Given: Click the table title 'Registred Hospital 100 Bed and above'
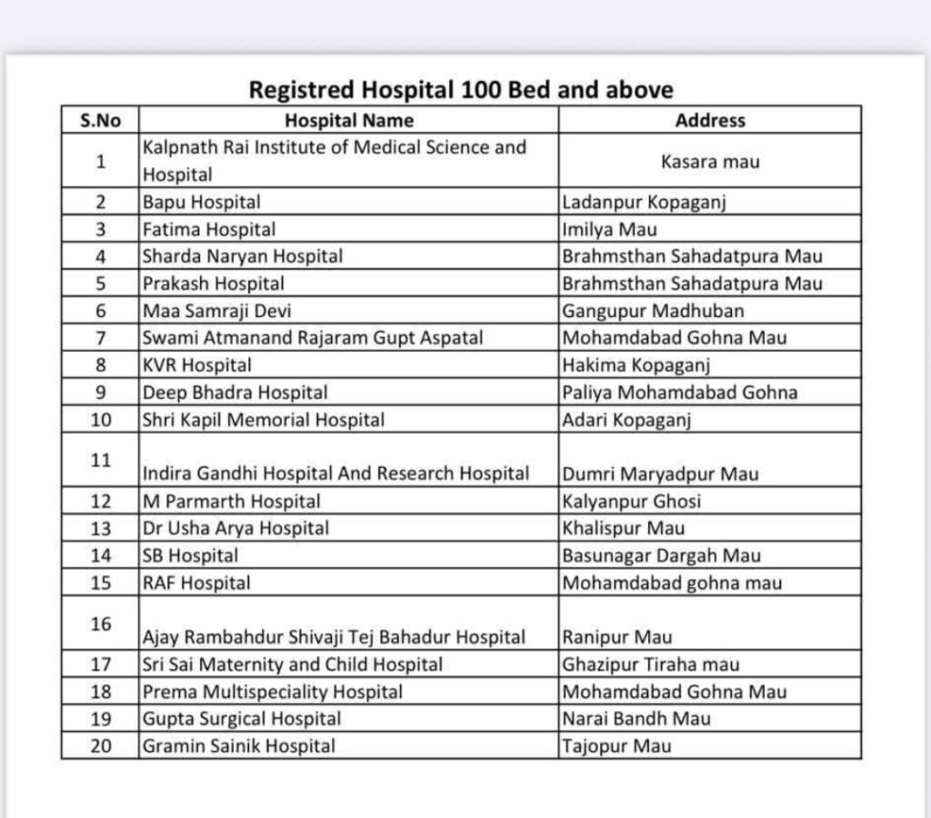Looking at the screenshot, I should click(x=461, y=90).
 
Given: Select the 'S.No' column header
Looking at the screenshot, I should click(x=100, y=120).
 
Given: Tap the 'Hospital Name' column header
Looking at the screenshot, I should click(x=349, y=120).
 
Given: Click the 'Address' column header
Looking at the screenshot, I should click(x=710, y=120).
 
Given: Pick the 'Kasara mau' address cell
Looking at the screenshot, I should click(x=710, y=161).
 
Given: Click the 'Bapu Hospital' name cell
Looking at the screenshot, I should click(x=201, y=202).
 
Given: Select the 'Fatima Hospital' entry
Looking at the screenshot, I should click(x=209, y=229).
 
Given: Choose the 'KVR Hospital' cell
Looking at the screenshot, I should click(x=197, y=365).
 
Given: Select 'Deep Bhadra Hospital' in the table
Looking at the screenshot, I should click(x=235, y=393).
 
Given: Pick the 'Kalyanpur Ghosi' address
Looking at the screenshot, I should click(x=632, y=501).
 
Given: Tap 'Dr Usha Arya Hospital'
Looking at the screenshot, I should click(x=235, y=528).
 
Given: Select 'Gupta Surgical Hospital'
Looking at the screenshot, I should click(x=242, y=719).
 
